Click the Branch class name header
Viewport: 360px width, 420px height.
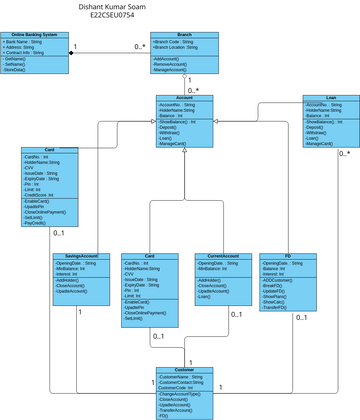pyautogui.click(x=185, y=35)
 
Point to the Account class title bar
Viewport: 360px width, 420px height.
pyautogui.click(x=185, y=98)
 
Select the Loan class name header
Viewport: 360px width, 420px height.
pyautogui.click(x=330, y=98)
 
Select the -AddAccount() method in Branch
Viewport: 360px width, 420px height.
pyautogui.click(x=172, y=59)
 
